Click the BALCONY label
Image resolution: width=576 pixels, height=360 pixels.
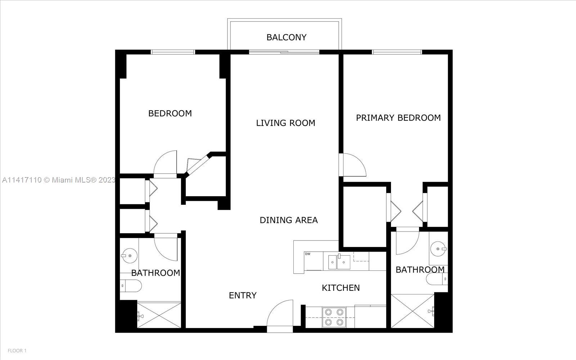coord(286,37)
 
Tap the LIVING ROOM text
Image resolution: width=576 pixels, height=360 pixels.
coord(285,123)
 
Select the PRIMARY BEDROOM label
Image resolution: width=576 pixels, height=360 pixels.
coord(398,118)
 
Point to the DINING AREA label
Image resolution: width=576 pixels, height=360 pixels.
coord(288,220)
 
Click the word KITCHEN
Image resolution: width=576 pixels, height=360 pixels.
coord(341,288)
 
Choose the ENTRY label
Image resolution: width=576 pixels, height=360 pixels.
coord(243,296)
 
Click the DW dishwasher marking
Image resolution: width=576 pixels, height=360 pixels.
coord(307,254)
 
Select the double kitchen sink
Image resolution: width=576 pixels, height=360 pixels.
coord(339,262)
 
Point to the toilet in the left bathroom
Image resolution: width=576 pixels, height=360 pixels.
coord(131,286)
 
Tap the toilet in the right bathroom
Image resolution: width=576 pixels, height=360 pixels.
coord(437,279)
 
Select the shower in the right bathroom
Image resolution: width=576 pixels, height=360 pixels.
coord(413,311)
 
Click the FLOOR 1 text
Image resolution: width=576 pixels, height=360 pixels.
coord(17,351)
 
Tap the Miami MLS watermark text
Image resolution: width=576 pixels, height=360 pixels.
coord(59,180)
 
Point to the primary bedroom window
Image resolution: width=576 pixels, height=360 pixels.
coord(397,52)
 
